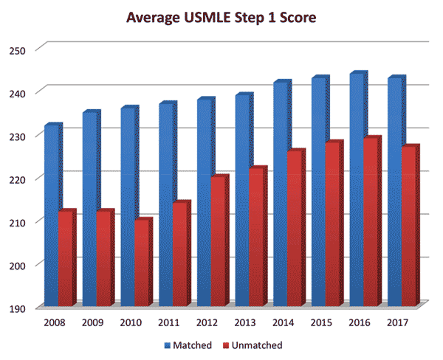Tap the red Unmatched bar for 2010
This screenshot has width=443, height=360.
click(142, 262)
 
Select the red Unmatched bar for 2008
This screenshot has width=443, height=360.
click(66, 258)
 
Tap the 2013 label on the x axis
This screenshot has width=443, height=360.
click(245, 322)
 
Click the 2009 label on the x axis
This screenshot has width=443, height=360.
click(93, 322)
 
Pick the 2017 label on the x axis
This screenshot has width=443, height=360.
click(397, 322)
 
